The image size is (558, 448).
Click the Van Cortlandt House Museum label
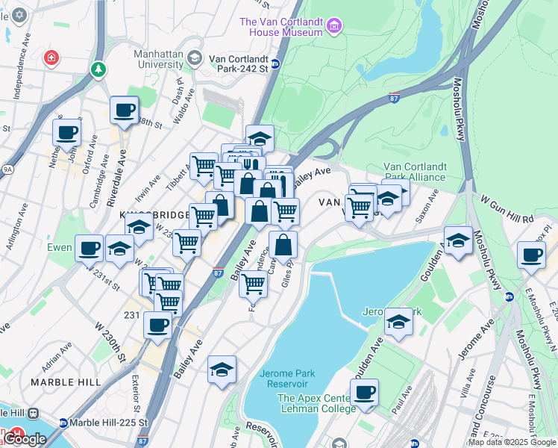[x=280, y=27]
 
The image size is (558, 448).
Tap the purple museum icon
[x=334, y=28]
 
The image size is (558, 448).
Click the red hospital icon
[x=51, y=57]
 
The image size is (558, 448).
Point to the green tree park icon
[x=98, y=69]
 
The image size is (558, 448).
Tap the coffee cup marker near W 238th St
[x=125, y=111]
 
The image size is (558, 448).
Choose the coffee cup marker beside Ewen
[x=89, y=247]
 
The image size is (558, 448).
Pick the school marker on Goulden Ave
[x=458, y=240]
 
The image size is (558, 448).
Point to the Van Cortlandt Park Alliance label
[x=414, y=172]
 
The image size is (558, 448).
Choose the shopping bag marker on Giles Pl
[x=283, y=244]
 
